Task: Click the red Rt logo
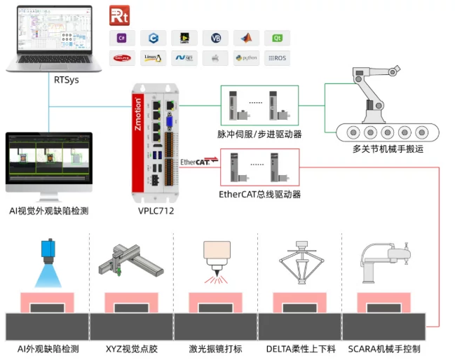(x=118, y=15)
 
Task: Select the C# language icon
(x=121, y=38)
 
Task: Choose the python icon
(x=246, y=58)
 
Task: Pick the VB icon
(x=215, y=38)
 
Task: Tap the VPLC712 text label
(x=157, y=209)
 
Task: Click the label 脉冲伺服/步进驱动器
(x=259, y=133)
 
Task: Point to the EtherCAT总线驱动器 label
(x=259, y=194)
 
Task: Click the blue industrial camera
(x=48, y=250)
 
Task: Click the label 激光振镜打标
(x=215, y=348)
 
